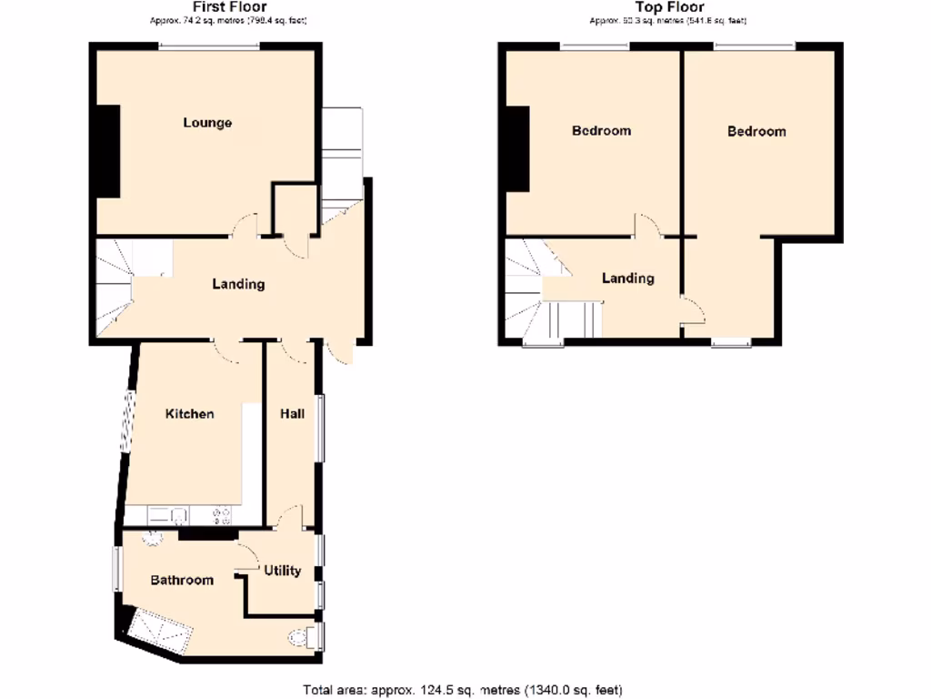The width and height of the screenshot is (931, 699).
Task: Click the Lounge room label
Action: click(207, 123)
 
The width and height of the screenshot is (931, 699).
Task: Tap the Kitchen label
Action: click(189, 414)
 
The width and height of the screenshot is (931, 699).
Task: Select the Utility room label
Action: click(283, 571)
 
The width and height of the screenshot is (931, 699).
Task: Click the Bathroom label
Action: click(182, 580)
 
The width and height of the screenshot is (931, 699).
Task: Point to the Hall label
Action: click(292, 414)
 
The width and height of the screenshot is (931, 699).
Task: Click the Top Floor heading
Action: click(669, 7)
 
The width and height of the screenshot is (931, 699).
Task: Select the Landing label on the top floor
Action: click(628, 278)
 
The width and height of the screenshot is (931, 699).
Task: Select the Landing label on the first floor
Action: click(238, 284)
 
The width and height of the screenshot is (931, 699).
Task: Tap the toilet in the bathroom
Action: click(301, 637)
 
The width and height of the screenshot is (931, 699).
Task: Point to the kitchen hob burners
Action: click(221, 516)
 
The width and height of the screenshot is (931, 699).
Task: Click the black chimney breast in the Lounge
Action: click(108, 151)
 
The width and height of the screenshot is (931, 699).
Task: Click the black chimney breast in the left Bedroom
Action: click(518, 149)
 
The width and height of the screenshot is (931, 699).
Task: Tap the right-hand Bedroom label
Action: click(756, 131)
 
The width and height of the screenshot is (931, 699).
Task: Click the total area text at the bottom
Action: click(463, 690)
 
